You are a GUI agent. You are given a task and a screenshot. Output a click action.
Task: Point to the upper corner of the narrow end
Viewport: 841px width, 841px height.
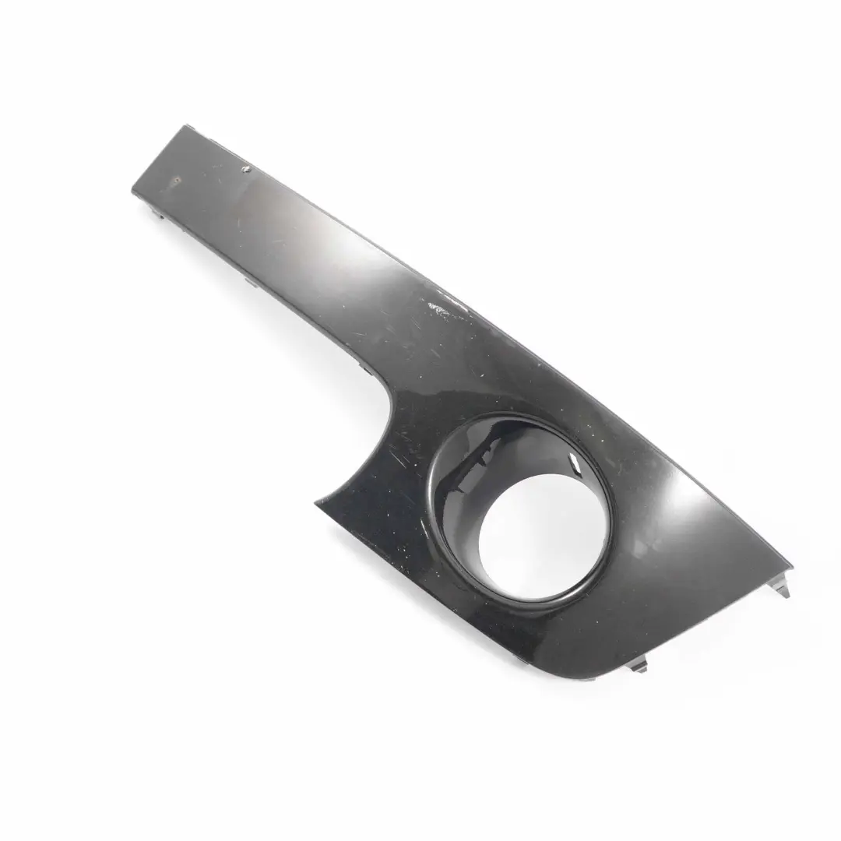coord(185,126)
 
